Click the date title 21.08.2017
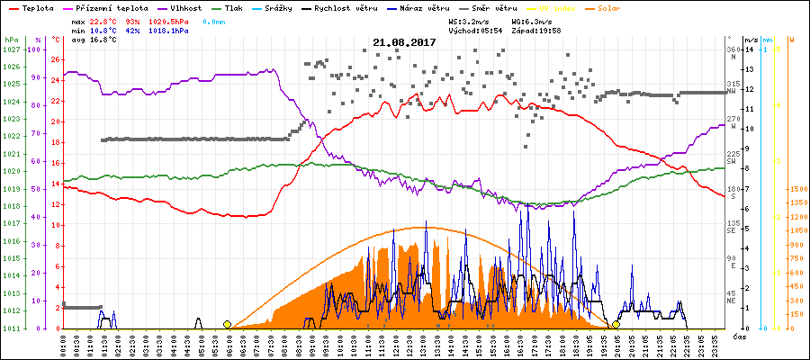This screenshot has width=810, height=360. (x=404, y=42)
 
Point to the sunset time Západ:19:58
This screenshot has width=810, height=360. (x=536, y=29)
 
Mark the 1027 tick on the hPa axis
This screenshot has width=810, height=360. (x=11, y=49)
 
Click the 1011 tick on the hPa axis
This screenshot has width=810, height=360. (x=11, y=328)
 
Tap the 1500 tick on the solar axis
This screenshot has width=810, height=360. (x=797, y=189)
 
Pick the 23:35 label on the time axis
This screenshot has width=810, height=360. (x=713, y=344)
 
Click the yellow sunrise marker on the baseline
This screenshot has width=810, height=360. (x=227, y=324)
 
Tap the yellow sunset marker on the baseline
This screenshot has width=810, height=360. (x=616, y=324)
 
